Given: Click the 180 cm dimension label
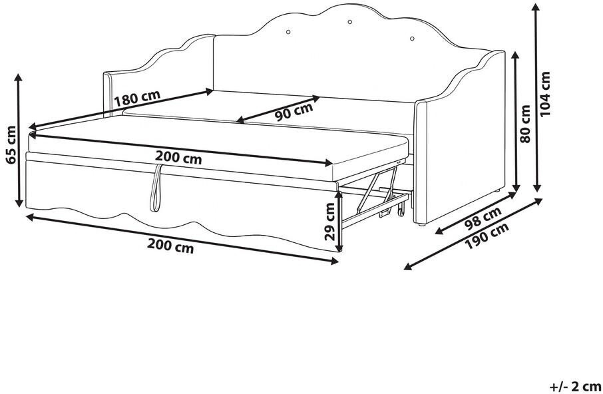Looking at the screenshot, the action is [136, 98].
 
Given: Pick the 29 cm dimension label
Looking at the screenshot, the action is [330, 222].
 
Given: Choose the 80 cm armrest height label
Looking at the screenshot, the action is [524, 123].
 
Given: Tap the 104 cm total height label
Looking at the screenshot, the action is [545, 95].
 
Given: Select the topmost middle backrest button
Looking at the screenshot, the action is [349, 21].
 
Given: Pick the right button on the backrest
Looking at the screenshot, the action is [412, 39].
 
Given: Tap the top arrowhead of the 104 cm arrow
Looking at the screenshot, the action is [536, 8].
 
